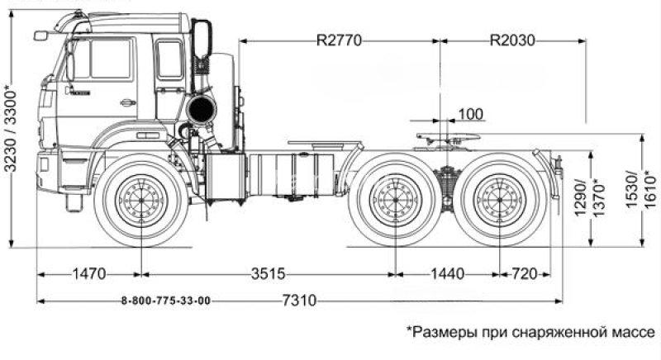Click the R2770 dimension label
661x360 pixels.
(x=338, y=39)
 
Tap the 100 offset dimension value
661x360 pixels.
(x=470, y=112)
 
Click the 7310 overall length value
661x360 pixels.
(x=299, y=301)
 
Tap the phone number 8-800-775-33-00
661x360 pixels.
(x=165, y=301)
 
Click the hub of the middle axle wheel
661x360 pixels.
(x=395, y=201)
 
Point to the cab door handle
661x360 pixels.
(x=127, y=103)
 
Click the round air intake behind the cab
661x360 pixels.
(x=198, y=110)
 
